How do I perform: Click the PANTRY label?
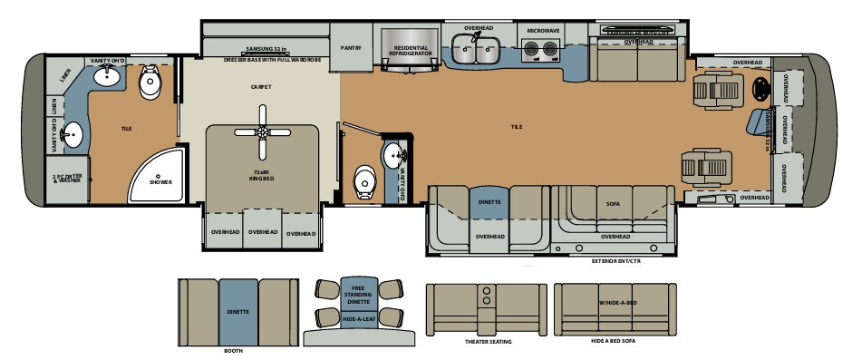[x=352, y=48]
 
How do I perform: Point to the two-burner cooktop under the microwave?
[x=543, y=50]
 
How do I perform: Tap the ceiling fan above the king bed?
[x=263, y=131]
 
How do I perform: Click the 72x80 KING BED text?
[x=263, y=174]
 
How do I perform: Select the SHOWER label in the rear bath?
[x=160, y=181]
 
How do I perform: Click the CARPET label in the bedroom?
[x=262, y=87]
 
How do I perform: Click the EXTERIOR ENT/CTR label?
[x=616, y=260]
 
